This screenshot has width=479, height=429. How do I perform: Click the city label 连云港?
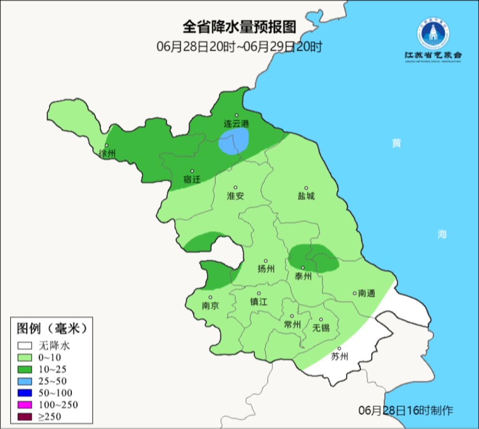(x=236, y=124)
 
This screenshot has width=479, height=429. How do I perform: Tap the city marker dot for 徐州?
(x=106, y=145)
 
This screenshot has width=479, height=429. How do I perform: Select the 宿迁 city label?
(x=192, y=180)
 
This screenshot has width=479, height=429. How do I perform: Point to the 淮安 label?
(x=236, y=196)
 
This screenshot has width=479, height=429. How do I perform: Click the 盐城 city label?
(x=306, y=196)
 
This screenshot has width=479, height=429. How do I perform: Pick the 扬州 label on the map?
(x=266, y=269)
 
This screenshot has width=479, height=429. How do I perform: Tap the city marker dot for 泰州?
(x=302, y=267)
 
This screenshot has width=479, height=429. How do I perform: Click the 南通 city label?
(x=367, y=293)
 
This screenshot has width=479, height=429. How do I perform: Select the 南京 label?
(x=210, y=306)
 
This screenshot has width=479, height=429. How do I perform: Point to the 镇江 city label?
(x=259, y=302)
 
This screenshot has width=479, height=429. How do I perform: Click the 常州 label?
(x=292, y=325)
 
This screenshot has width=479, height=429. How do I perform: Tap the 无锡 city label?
(x=321, y=328)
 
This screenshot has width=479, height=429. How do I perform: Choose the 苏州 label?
(x=340, y=357)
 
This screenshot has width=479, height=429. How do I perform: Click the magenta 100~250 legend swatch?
(x=25, y=405)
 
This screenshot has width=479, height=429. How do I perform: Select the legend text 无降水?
(x=54, y=345)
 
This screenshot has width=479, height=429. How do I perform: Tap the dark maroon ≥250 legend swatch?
(x=25, y=416)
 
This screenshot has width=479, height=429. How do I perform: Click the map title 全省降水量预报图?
(x=239, y=27)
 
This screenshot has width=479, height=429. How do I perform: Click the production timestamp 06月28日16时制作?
(x=405, y=410)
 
